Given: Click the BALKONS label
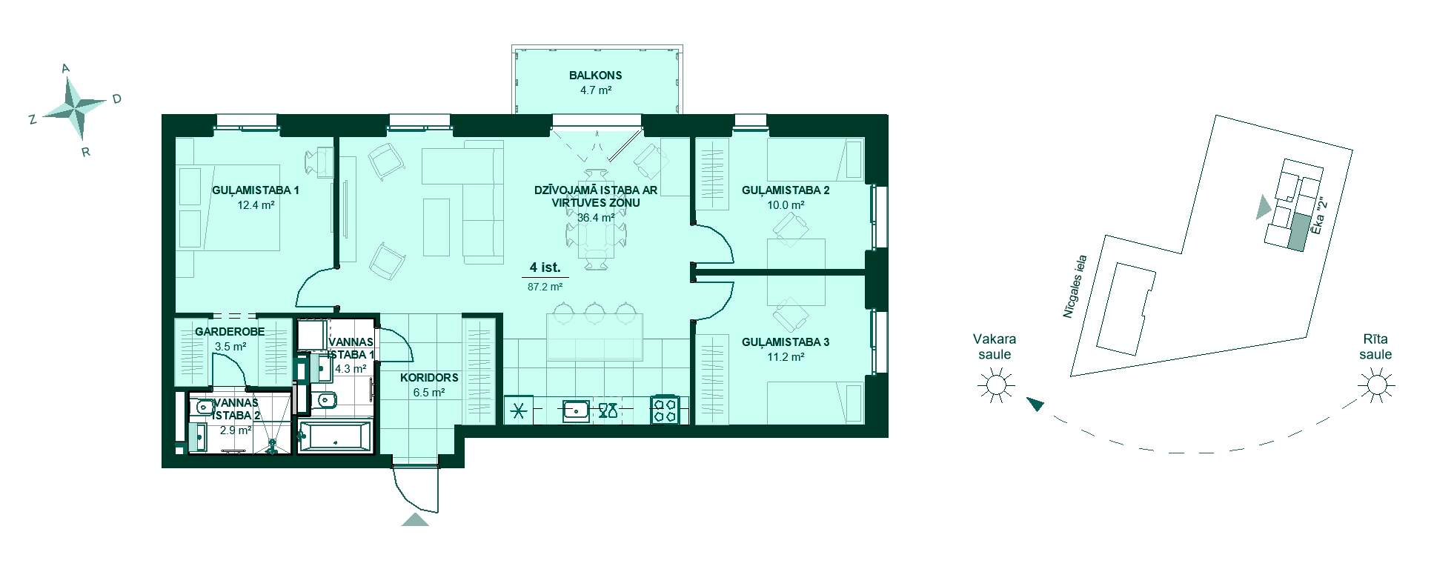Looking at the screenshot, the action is tap(595, 76).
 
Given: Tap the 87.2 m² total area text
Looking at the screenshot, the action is tap(545, 286).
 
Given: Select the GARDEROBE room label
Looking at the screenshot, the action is tap(230, 332).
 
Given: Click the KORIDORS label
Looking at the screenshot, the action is tap(429, 378).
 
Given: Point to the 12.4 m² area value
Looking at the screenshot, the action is tap(256, 205).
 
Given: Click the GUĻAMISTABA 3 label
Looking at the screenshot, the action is tap(786, 342).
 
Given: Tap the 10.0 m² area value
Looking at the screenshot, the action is tap(786, 205).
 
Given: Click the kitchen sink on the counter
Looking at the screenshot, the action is tap(576, 410).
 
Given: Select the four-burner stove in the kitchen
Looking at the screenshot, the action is tap(664, 410).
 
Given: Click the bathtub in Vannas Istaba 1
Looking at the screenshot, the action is tap(334, 436).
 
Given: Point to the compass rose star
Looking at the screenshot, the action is tap(75, 108).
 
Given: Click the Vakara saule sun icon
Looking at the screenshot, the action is tap(995, 385).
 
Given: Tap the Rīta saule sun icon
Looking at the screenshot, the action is tap(1376, 385).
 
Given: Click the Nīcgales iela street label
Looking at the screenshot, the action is tap(1075, 287).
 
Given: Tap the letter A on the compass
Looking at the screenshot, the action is tap(65, 69).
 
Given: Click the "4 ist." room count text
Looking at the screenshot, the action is tap(545, 267).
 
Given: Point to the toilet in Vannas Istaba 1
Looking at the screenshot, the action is tap(325, 401).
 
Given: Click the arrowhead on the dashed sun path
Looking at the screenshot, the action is tap(1035, 404).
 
